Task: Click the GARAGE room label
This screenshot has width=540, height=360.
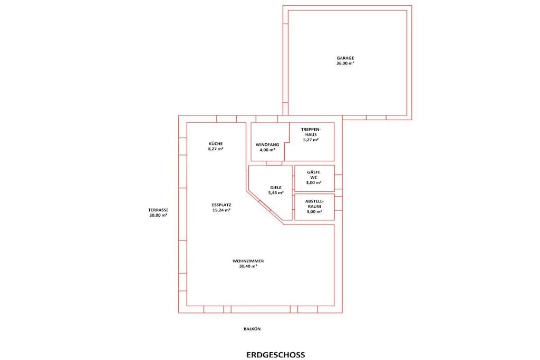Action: tap(345, 58)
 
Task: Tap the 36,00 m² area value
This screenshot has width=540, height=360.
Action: tap(345, 63)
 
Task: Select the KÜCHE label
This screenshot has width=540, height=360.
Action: tap(216, 143)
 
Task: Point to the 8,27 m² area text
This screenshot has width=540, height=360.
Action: tap(216, 149)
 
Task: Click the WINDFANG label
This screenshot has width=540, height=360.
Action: tap(267, 145)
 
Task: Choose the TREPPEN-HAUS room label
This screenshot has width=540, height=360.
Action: tap(311, 132)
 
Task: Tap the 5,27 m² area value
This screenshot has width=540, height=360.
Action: tap(311, 140)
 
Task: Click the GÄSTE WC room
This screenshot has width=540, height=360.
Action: tap(314, 178)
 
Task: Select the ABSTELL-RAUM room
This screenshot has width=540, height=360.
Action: tap(314, 207)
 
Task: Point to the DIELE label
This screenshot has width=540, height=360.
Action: tap(276, 188)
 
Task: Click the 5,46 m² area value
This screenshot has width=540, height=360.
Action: tap(276, 193)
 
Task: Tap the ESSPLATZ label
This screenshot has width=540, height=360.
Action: tap(221, 205)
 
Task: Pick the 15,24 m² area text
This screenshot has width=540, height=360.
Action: tap(221, 210)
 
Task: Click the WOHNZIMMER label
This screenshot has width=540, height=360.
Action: tap(248, 261)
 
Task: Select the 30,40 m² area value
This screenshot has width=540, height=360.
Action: tap(248, 266)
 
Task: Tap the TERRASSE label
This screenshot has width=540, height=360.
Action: tap(158, 210)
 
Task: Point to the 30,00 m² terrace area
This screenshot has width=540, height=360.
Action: tap(158, 215)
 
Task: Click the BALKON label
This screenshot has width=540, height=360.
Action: tap(252, 329)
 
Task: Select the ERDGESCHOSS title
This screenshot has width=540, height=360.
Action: tap(275, 355)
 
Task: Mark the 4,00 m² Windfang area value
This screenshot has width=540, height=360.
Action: tap(267, 150)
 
